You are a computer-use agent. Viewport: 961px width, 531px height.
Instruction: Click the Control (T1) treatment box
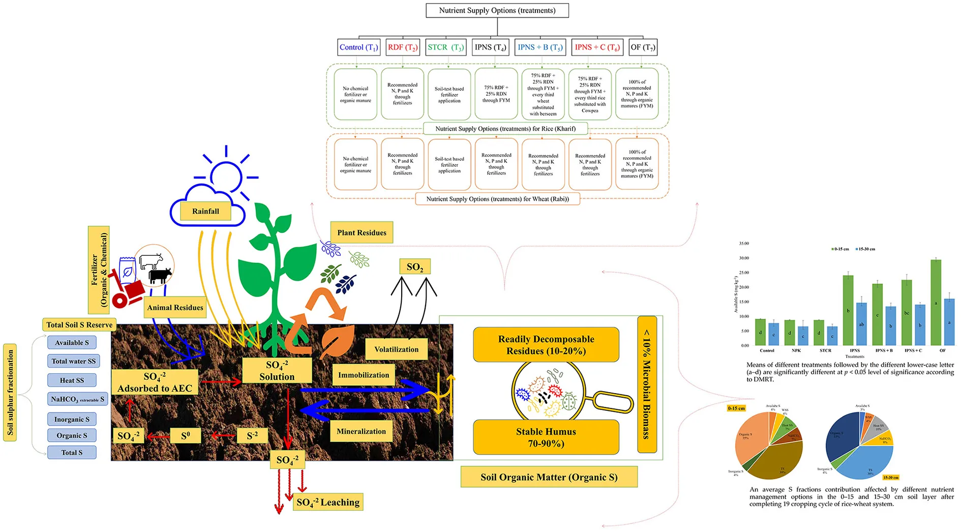pos(358,47)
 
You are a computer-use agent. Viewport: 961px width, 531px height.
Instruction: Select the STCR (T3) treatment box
pos(445,47)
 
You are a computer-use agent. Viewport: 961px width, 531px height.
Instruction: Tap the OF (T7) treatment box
pos(643,47)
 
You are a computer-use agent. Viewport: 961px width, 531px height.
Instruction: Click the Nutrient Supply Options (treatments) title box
pos(497,11)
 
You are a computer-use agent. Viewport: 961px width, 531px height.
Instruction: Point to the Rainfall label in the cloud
pos(205,211)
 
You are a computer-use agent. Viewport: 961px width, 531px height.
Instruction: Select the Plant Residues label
pos(362,232)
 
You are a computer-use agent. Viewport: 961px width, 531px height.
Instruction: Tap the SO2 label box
pos(415,267)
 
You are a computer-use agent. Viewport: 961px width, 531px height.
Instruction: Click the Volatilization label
pos(396,349)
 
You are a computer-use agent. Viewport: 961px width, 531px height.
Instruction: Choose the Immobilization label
pos(364,375)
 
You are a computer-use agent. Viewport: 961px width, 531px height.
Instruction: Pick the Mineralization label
pos(361,431)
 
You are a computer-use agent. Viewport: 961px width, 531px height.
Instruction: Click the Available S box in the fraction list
pos(72,343)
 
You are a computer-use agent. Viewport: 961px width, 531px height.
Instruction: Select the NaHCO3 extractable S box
pos(77,399)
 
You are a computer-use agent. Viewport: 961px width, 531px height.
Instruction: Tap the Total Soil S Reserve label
pos(79,324)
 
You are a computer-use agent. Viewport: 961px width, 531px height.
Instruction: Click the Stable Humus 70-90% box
pos(546,437)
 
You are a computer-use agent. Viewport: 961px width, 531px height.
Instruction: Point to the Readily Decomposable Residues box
pos(546,345)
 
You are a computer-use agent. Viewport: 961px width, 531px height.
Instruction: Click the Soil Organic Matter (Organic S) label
pos(549,477)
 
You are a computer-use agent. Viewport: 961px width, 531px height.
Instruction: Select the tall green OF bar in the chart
pos(936,303)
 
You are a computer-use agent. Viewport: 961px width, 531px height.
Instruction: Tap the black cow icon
pos(160,276)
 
